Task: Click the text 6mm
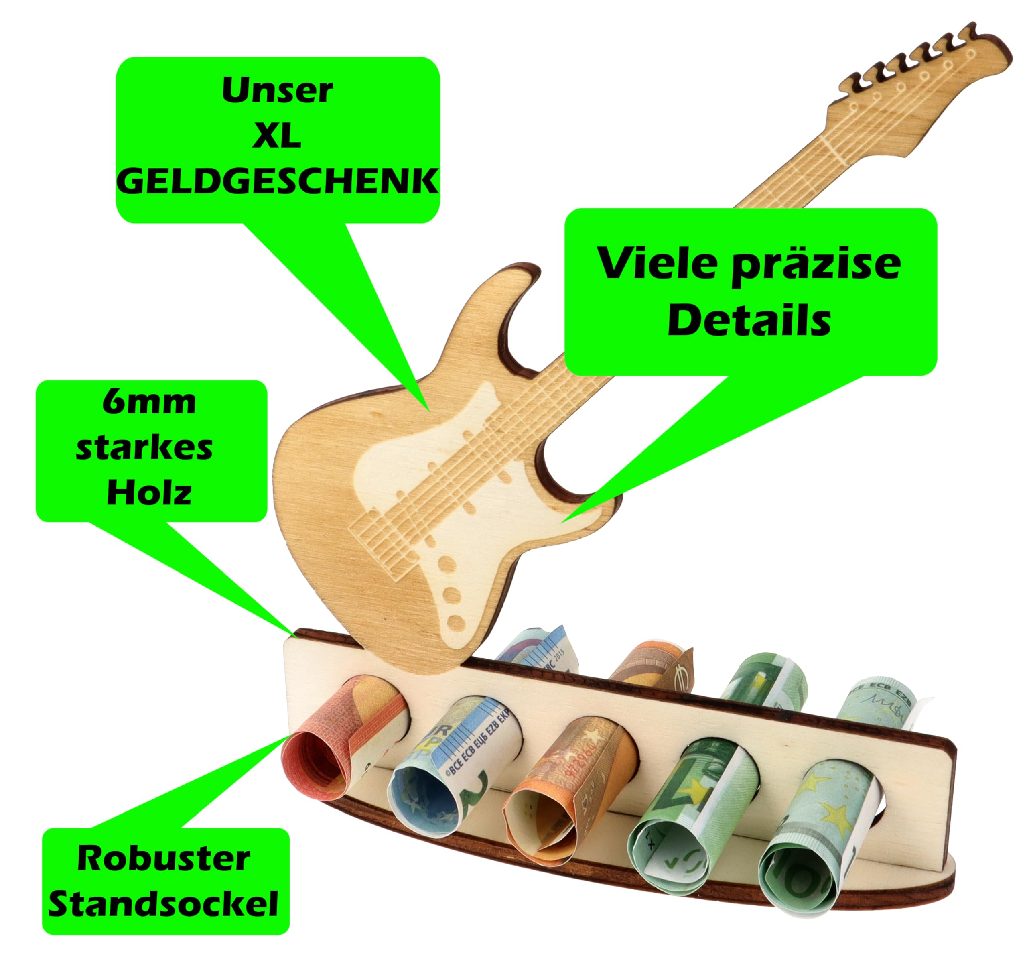(149, 403)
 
